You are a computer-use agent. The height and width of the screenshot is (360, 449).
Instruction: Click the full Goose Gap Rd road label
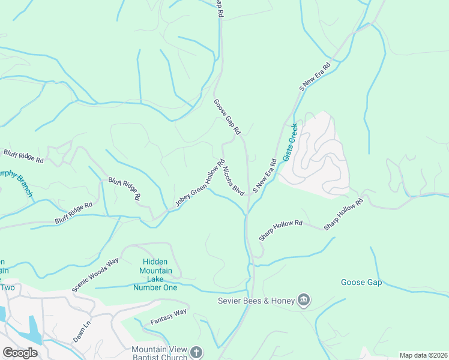coord(227,116)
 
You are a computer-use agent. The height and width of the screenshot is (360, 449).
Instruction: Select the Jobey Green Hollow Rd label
coord(200,184)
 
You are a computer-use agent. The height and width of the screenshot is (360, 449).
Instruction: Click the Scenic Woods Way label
coord(95,275)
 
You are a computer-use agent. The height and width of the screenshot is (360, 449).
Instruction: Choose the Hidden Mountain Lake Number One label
coord(157,275)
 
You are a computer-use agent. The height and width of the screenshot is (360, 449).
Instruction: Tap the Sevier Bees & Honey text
coord(256,301)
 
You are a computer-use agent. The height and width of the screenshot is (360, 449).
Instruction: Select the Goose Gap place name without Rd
coord(361,282)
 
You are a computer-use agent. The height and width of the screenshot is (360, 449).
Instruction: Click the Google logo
coord(20,352)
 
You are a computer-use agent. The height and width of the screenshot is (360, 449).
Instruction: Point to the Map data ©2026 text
coord(423,355)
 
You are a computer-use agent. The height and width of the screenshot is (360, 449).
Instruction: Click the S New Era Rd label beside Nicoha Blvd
coord(264,175)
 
